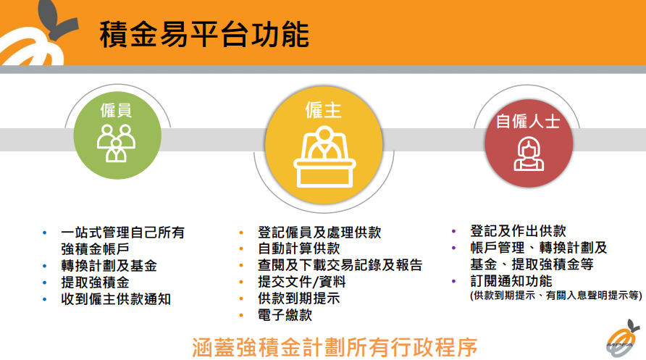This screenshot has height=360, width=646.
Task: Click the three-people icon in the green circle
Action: (x=116, y=143)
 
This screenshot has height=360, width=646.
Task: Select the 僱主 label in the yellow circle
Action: (x=323, y=109)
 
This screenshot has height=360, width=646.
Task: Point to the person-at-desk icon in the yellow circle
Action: (x=323, y=154)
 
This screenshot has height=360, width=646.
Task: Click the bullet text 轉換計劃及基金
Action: (x=109, y=265)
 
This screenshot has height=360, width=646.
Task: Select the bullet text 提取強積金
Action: (x=96, y=282)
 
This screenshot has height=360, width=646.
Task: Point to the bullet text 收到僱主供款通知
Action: (x=116, y=298)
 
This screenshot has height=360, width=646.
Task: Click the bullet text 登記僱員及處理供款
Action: (x=319, y=233)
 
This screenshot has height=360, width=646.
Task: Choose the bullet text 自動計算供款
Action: (x=298, y=249)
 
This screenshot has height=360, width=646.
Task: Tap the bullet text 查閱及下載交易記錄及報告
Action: (x=340, y=266)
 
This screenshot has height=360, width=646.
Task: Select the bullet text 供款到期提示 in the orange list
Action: (x=298, y=299)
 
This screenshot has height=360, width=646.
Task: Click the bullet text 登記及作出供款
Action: (x=518, y=231)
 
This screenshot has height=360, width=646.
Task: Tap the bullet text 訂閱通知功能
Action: (x=511, y=281)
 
